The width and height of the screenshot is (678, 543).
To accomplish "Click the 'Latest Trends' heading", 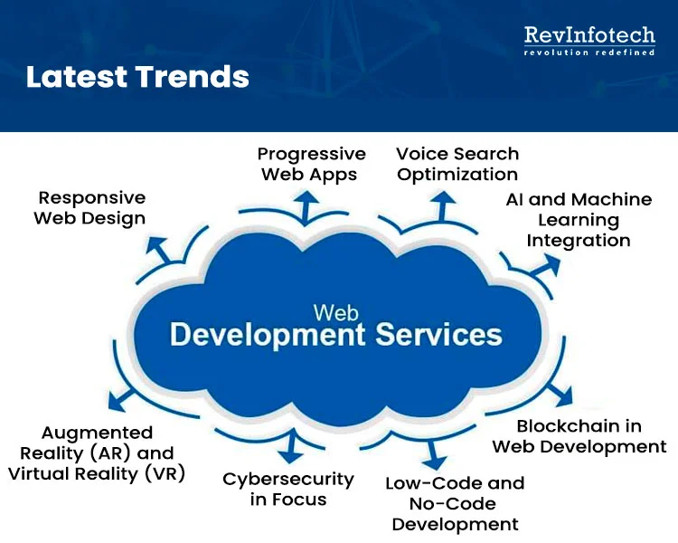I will coord(137,77).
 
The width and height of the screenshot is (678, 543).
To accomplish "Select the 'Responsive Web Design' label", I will coord(90,207).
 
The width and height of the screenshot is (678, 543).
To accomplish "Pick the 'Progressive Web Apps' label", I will coord(311,164).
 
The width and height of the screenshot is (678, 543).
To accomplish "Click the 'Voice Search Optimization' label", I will coord(457,164).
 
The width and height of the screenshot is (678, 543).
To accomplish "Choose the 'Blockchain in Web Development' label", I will coord(579,436).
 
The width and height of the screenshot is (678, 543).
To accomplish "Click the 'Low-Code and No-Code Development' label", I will coord(455,503).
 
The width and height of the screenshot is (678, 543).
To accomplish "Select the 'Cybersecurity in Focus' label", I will coord(288,489).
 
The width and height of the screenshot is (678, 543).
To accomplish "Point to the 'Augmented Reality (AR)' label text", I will coord(97,443).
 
